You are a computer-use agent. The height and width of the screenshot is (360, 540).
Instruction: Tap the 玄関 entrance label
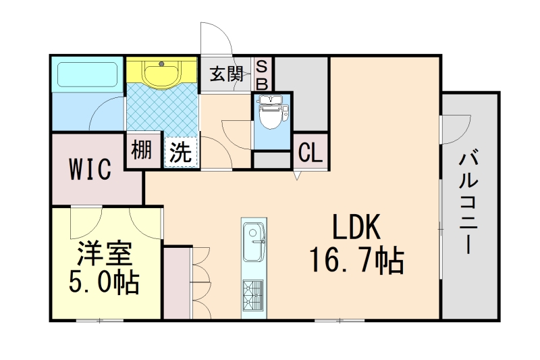[x=226, y=74]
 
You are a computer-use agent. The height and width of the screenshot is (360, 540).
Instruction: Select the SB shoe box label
[x=263, y=74]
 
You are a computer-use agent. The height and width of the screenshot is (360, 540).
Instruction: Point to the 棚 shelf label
[x=141, y=150]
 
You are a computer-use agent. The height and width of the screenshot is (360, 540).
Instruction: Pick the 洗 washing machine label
[x=180, y=151]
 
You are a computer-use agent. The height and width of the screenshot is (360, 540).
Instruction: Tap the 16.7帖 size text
[x=356, y=260]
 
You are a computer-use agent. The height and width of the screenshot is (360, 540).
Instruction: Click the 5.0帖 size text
[x=105, y=282]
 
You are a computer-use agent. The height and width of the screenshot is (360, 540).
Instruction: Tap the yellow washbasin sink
[x=162, y=73]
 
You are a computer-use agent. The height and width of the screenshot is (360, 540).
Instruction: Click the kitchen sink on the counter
[x=254, y=241]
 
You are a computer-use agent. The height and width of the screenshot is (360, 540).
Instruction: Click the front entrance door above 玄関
[x=216, y=41]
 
